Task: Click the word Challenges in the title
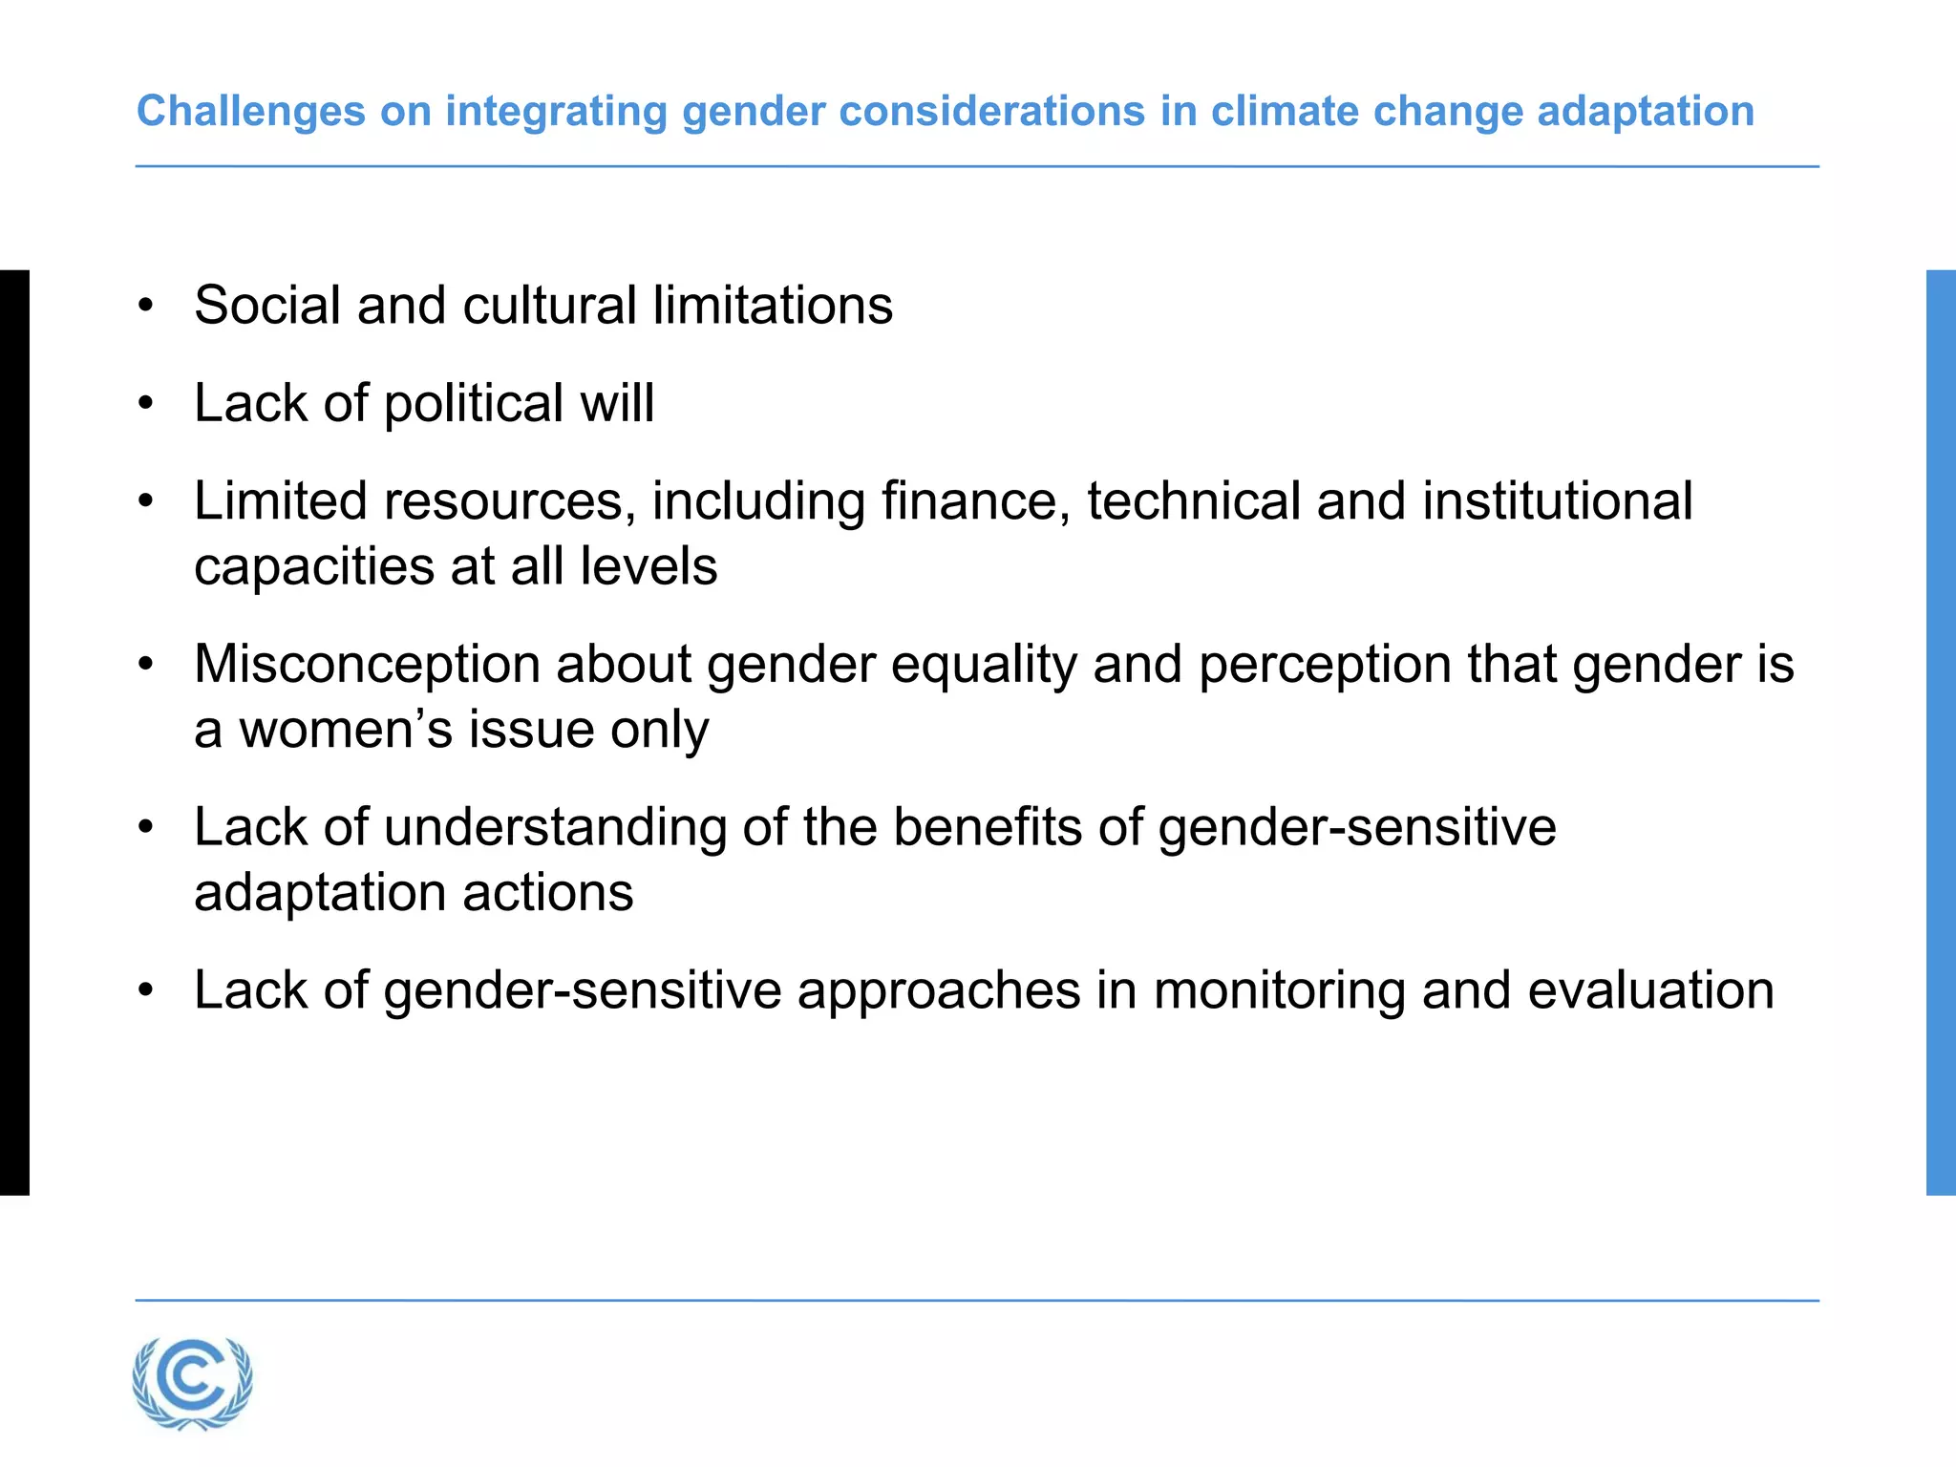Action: pos(250,112)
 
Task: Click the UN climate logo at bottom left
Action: pos(193,1383)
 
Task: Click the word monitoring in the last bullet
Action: pos(1279,990)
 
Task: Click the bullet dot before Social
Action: pos(145,307)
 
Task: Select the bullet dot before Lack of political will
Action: pos(145,404)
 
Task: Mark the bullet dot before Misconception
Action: pos(145,665)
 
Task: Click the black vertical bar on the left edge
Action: pos(14,732)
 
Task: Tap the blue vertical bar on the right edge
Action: pos(1941,732)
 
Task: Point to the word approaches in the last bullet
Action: pos(939,991)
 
